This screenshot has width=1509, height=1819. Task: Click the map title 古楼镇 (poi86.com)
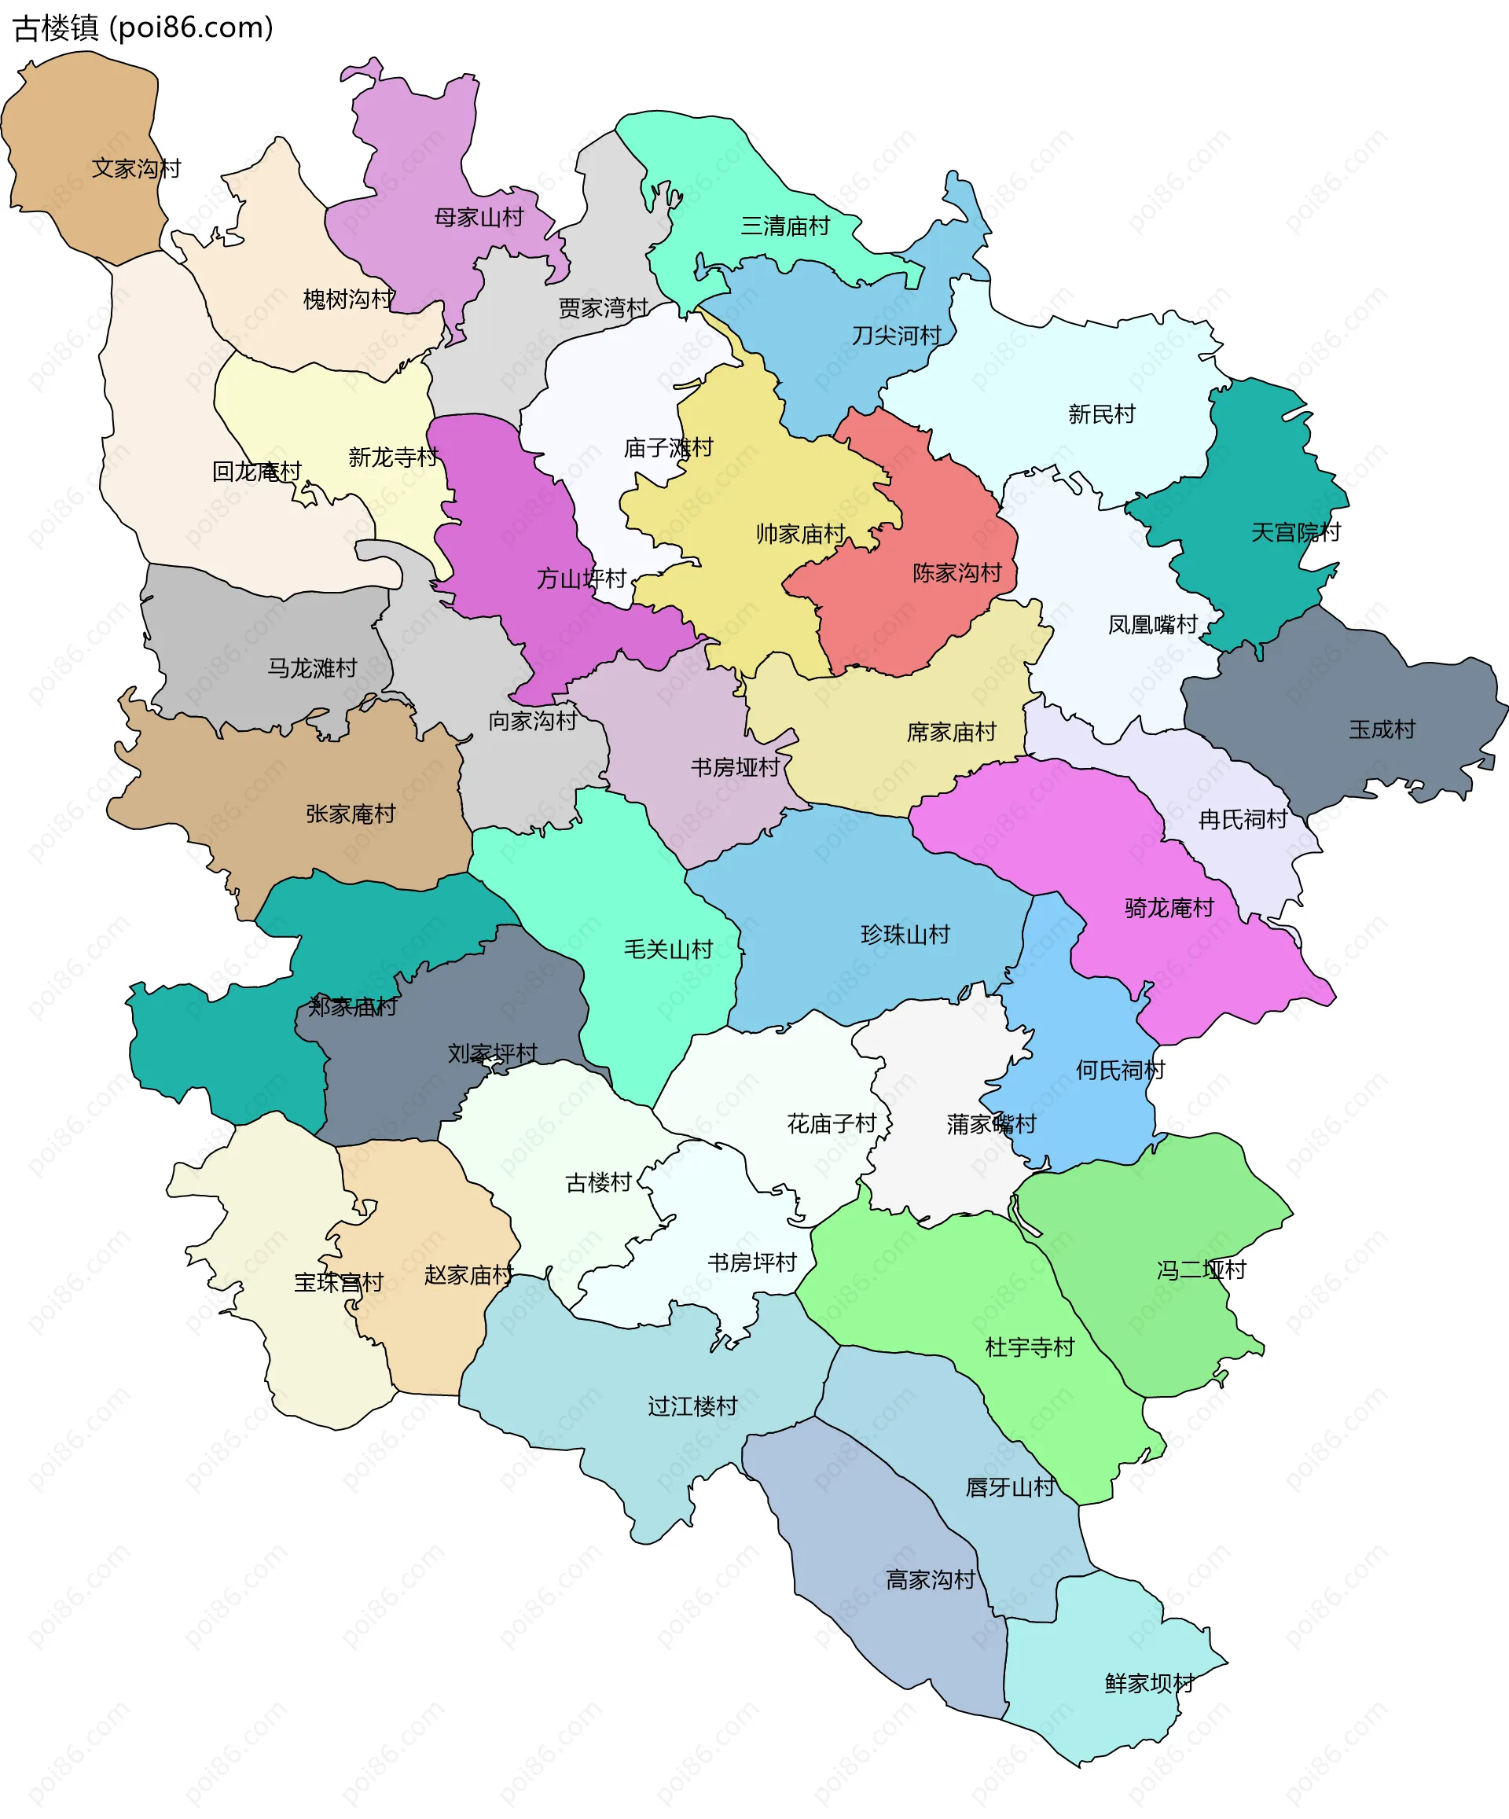143,28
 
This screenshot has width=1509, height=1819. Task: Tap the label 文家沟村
136,168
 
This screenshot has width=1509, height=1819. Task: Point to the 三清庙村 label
785,226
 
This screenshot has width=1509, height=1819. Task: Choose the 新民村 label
1101,414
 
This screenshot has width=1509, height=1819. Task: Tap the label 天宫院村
1295,532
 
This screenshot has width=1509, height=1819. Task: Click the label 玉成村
1382,729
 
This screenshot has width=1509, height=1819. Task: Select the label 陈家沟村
956,572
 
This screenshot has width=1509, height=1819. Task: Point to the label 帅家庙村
799,534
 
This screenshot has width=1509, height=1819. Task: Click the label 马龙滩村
312,668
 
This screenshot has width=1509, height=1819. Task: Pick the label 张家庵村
350,814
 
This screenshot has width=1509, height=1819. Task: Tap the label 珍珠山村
905,935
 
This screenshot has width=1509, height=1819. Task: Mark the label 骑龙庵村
1169,908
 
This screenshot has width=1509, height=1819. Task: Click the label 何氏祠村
1120,1070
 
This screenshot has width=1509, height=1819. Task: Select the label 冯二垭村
1201,1270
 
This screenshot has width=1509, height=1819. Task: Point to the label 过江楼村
692,1406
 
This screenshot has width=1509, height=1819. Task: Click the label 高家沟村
931,1580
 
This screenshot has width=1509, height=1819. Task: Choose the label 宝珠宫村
338,1282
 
